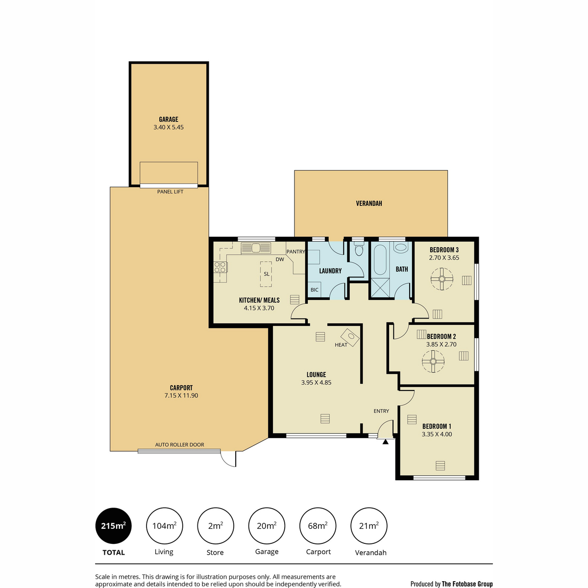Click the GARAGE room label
(x=169, y=119)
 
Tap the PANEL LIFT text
(x=170, y=192)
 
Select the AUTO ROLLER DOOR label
(x=179, y=444)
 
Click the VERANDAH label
(x=369, y=203)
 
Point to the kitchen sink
(x=256, y=248)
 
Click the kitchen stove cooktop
(x=220, y=268)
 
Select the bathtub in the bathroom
(x=380, y=259)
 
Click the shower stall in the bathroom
(x=380, y=287)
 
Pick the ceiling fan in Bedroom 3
(x=442, y=279)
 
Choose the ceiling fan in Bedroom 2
(x=433, y=361)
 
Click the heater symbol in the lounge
(x=350, y=337)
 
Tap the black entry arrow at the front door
(x=386, y=441)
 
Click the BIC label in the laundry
(x=314, y=290)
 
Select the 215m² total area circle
(x=114, y=526)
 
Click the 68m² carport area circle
(x=318, y=526)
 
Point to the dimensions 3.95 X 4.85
(x=316, y=382)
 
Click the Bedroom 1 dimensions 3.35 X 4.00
(x=437, y=434)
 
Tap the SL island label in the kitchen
(x=267, y=274)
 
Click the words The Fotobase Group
(x=467, y=584)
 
